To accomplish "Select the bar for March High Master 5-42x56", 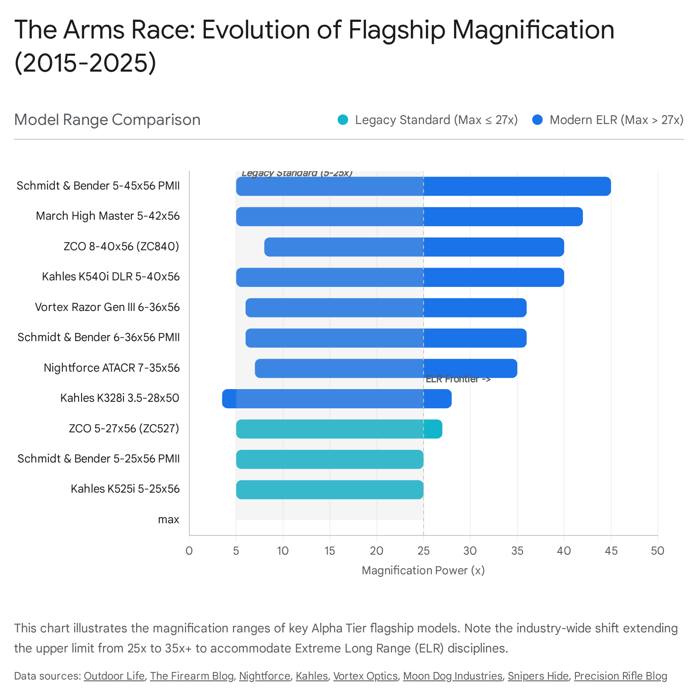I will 409,217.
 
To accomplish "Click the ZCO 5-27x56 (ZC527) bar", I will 339,429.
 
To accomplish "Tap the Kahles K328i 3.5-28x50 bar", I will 336,399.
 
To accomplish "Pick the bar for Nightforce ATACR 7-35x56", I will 386,368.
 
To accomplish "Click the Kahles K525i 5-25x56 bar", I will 329,490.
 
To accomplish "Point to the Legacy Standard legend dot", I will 343,120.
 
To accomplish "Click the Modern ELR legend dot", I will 537,120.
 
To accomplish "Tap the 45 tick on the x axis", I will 611,551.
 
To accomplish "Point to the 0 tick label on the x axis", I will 189,551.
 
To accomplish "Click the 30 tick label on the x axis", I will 470,551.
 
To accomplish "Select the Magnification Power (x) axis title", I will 423,570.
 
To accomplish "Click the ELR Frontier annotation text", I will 458,379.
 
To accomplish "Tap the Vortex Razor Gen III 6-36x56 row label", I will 107,307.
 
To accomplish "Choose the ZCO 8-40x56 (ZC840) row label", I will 121,247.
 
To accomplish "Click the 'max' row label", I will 168,520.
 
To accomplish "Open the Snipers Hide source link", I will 538,676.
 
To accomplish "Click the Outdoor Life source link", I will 114,676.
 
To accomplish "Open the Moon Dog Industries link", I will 452,676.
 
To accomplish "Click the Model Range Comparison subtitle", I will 107,120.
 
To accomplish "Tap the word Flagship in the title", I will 397,30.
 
